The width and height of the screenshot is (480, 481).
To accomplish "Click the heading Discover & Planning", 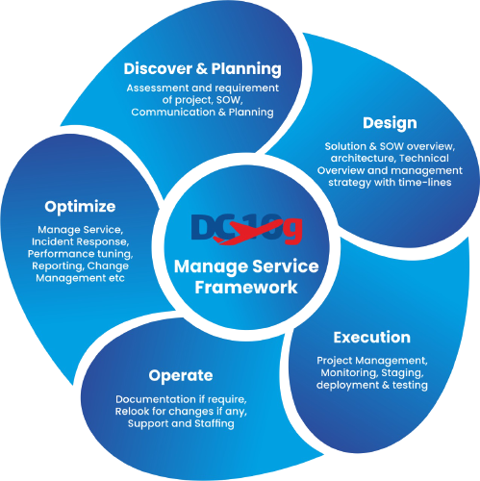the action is coord(202,69).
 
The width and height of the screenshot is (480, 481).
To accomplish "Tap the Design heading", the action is coord(390,124).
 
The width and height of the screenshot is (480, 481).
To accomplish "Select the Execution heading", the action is coord(372,338).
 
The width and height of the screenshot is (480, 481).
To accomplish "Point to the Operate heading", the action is coord(181,376).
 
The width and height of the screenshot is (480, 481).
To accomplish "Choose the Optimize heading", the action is coord(80,207).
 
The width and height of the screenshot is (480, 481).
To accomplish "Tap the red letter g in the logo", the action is coord(293,231).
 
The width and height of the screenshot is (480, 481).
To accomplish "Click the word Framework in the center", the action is coord(246,288).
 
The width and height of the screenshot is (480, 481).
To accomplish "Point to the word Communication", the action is coord(173,112).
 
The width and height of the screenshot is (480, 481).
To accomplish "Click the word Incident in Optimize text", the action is coord(50,241).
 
